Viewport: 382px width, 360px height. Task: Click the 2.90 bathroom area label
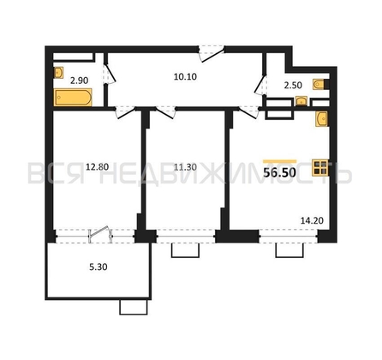(80, 81)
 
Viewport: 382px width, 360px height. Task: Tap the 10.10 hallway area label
(185, 76)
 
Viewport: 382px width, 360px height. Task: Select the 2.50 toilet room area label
(293, 85)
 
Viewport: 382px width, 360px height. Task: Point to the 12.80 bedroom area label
(98, 167)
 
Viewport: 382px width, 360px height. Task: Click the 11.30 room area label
(185, 167)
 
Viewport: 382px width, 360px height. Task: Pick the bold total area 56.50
(279, 172)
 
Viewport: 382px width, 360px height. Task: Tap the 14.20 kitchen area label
(312, 220)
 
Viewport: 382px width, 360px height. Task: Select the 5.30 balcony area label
(98, 267)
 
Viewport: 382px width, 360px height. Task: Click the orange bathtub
(73, 98)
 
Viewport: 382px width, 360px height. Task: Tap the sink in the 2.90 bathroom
(58, 73)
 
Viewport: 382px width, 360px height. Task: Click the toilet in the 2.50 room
(320, 85)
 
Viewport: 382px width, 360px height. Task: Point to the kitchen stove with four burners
(320, 167)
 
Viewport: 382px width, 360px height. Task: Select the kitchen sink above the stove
(322, 118)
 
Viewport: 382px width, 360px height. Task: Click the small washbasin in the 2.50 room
(301, 101)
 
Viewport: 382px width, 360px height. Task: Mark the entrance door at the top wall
(212, 53)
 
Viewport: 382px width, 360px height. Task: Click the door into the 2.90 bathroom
(110, 74)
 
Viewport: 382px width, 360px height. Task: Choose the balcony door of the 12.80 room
(100, 235)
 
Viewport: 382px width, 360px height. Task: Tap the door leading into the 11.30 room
(165, 112)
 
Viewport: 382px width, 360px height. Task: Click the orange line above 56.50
(280, 161)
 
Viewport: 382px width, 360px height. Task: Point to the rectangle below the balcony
(134, 307)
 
